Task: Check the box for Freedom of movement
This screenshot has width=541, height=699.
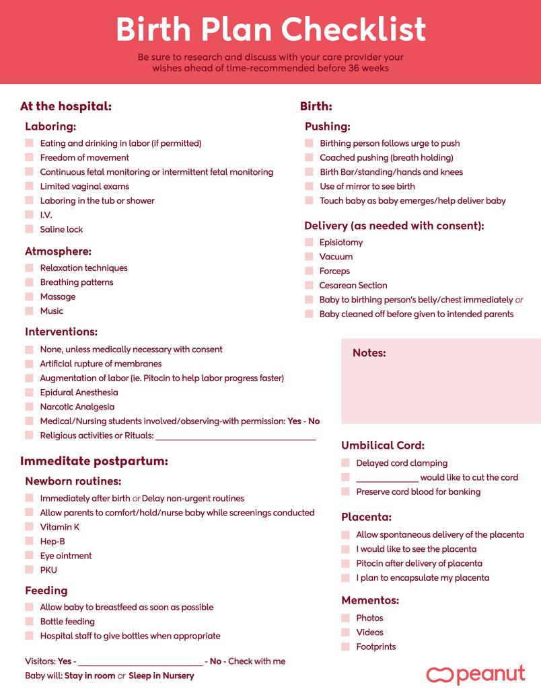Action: point(29,157)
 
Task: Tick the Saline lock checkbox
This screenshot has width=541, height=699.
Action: point(29,229)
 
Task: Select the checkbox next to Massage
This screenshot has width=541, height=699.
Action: point(29,296)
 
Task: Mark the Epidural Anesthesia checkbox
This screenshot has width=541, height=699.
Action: point(29,393)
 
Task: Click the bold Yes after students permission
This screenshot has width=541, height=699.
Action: point(294,421)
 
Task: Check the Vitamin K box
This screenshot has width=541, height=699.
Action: point(29,527)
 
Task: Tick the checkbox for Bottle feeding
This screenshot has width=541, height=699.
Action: point(29,622)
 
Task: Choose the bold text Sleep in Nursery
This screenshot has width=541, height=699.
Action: point(161,676)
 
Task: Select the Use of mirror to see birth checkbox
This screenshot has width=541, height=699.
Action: point(309,186)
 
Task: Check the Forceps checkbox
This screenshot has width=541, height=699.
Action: point(309,271)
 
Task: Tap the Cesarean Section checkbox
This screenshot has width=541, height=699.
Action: point(309,285)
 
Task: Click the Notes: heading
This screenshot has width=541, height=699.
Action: point(369,353)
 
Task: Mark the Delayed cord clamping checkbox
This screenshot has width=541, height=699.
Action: point(345,463)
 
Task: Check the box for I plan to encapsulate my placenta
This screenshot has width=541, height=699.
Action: point(345,578)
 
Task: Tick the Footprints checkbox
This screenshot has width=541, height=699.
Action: point(345,647)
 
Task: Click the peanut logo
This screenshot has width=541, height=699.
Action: point(475,674)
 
